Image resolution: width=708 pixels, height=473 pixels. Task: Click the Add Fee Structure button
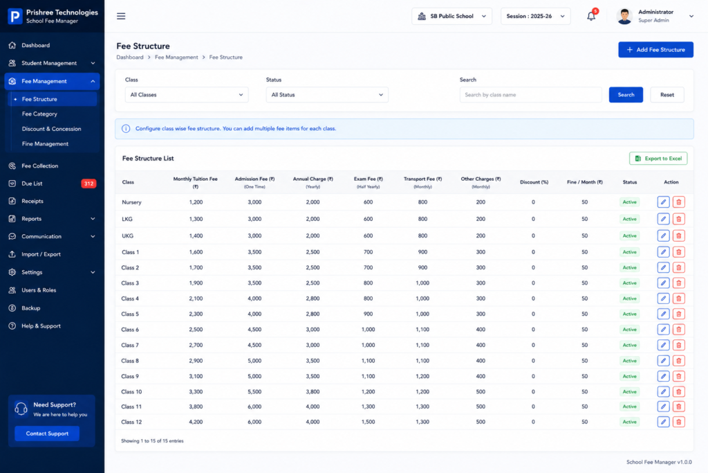(655, 50)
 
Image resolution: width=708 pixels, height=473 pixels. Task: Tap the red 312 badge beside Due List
(88, 184)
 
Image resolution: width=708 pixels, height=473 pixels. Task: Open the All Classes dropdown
(187, 95)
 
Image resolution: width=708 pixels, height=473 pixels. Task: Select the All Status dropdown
(327, 95)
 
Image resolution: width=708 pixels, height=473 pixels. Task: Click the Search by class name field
(530, 95)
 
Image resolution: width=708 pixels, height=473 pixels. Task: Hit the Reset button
(667, 95)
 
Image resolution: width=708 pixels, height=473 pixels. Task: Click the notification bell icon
(591, 17)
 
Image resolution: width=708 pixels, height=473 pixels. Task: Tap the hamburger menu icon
(121, 17)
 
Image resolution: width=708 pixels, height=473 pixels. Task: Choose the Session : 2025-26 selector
(536, 17)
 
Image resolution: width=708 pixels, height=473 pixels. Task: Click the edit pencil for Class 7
(663, 345)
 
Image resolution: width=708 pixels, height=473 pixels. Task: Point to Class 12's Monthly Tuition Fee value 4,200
(196, 422)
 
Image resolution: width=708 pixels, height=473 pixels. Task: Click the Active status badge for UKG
(629, 235)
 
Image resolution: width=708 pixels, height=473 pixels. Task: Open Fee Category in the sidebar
(39, 114)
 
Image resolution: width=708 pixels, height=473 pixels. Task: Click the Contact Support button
(47, 434)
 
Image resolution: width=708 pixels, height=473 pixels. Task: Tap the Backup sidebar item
(30, 308)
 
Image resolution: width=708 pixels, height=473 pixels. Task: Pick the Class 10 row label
(131, 391)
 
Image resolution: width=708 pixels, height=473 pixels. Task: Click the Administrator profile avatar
(624, 17)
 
